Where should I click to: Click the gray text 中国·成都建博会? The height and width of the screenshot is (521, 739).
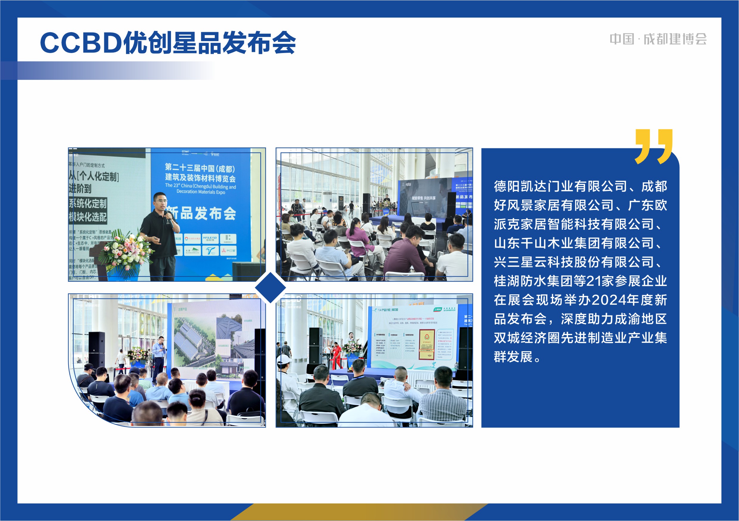tap(658, 39)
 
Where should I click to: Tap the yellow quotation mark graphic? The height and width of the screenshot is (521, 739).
tap(654, 147)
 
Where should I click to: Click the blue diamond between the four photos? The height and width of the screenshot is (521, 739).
tap(270, 287)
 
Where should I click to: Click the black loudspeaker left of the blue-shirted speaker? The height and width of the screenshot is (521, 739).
tap(97, 351)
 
